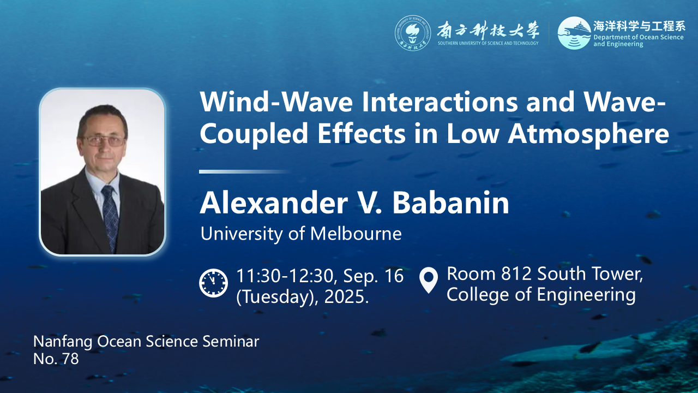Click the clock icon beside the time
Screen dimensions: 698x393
(213, 283)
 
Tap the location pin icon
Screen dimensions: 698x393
(429, 280)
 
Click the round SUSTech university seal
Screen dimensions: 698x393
(413, 33)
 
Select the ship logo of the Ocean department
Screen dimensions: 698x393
(574, 33)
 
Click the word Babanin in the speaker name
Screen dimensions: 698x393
(450, 203)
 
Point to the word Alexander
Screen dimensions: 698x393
(274, 203)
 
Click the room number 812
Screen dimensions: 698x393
(516, 273)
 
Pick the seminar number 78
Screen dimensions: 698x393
(70, 359)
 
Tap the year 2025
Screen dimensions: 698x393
(346, 296)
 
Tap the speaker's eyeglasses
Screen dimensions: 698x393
(104, 140)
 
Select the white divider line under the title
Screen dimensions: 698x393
(245, 171)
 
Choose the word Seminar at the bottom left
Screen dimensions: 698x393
(231, 342)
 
